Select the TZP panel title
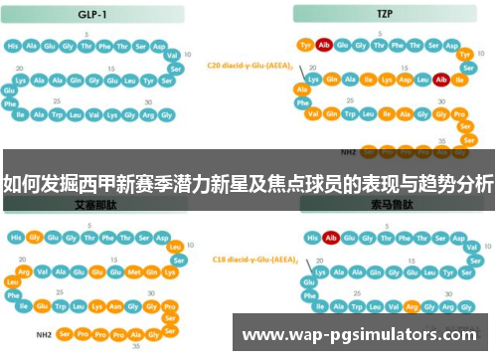click(383, 16)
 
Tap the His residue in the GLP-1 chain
click(14, 46)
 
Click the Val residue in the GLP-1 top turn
click(172, 55)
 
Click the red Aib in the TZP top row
click(326, 45)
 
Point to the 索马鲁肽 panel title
click(383, 203)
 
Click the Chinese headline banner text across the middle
click(248, 183)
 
